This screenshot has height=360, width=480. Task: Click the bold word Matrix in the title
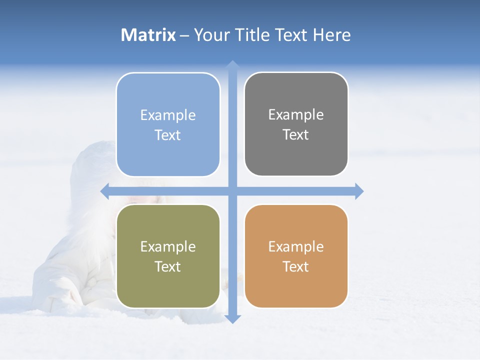[x=148, y=35]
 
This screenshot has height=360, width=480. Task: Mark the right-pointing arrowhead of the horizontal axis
[x=359, y=191]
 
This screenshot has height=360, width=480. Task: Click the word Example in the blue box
[x=168, y=115]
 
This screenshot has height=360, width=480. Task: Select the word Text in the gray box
[x=296, y=135]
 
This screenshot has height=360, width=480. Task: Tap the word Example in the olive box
[x=168, y=247]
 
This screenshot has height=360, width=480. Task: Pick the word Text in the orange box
[x=296, y=267]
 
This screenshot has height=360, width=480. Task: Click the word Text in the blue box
[x=168, y=135]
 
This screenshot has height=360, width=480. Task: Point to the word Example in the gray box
[x=296, y=115]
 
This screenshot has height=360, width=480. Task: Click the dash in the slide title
[x=184, y=35]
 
